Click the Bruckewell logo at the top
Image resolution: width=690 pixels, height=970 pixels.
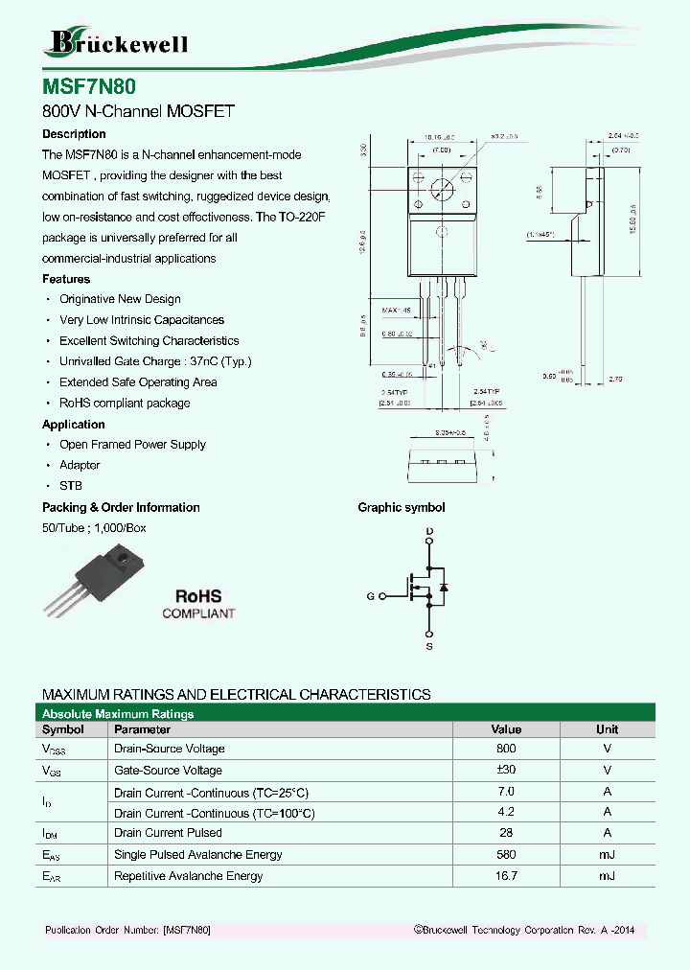click(x=117, y=42)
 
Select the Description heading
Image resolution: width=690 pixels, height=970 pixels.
click(x=74, y=134)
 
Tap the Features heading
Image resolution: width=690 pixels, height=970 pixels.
click(x=66, y=279)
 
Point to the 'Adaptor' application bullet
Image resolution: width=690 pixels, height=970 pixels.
click(x=80, y=465)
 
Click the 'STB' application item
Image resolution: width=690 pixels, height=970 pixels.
click(x=71, y=486)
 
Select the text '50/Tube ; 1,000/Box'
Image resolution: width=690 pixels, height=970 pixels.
click(x=94, y=528)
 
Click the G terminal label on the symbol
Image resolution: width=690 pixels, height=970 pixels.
click(x=370, y=596)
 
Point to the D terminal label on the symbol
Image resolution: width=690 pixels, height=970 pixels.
click(x=429, y=531)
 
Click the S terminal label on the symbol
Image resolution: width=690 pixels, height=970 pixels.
click(x=429, y=647)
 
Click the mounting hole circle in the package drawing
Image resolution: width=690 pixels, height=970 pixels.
click(x=441, y=189)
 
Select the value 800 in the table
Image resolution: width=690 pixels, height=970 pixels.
click(x=506, y=749)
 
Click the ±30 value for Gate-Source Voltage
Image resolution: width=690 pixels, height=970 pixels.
click(x=506, y=771)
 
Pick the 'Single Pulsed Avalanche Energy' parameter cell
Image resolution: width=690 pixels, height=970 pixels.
click(x=198, y=855)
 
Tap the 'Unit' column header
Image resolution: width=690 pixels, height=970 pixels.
click(x=607, y=729)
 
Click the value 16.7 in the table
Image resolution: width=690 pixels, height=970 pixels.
click(x=506, y=876)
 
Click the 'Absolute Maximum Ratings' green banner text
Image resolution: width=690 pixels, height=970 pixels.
click(x=118, y=714)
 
